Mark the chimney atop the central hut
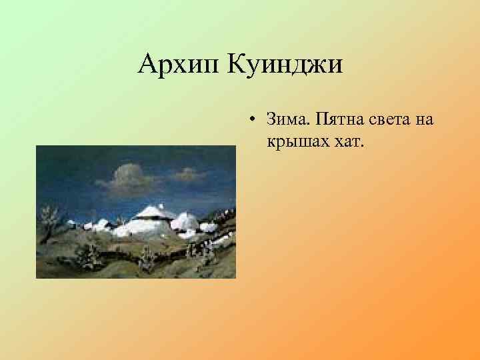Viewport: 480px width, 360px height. [x=161, y=205]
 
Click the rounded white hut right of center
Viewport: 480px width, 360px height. [x=187, y=222]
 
